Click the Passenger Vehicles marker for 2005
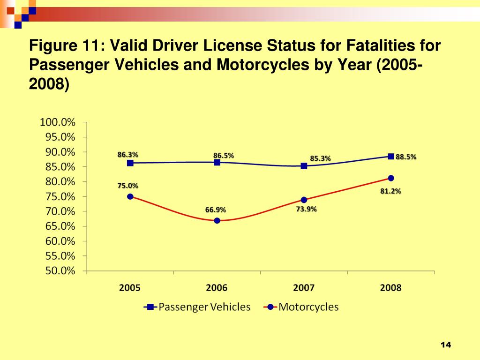(130, 163)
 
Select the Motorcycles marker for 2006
(217, 220)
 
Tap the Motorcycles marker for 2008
(391, 178)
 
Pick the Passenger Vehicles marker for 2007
(304, 165)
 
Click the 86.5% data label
(224, 155)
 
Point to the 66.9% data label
(216, 210)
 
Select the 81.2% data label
(390, 191)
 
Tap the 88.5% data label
(406, 157)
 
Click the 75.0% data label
(127, 186)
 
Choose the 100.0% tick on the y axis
(58, 122)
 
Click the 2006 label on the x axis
(217, 288)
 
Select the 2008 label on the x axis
(390, 288)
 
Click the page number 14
(445, 345)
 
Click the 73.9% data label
(306, 209)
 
